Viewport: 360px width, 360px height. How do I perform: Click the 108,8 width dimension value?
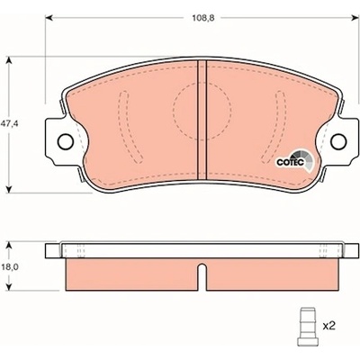point(203,18)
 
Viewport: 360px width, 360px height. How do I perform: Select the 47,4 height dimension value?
point(10,123)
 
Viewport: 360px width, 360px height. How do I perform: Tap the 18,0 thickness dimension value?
point(10,266)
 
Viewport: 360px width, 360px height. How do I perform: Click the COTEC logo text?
point(291,162)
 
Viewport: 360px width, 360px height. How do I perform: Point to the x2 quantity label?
point(328,326)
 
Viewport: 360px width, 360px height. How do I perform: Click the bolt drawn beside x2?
point(307,327)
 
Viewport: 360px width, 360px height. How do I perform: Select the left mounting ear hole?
point(65,140)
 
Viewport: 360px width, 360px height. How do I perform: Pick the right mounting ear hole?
point(339,140)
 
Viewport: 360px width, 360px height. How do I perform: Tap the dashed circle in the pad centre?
point(202,111)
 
